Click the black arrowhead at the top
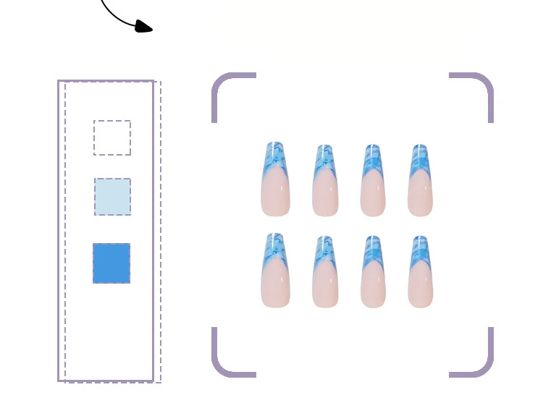tap(144, 27)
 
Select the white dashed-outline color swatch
tap(112, 137)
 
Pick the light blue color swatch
tap(113, 197)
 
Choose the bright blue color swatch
tap(111, 263)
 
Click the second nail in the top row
tap(325, 181)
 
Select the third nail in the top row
tap(373, 181)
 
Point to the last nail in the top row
tap(420, 181)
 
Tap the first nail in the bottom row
tap(275, 271)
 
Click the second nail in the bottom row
tap(325, 272)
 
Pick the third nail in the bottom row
tap(373, 272)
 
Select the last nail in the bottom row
tap(420, 272)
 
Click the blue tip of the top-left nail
tap(274, 156)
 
